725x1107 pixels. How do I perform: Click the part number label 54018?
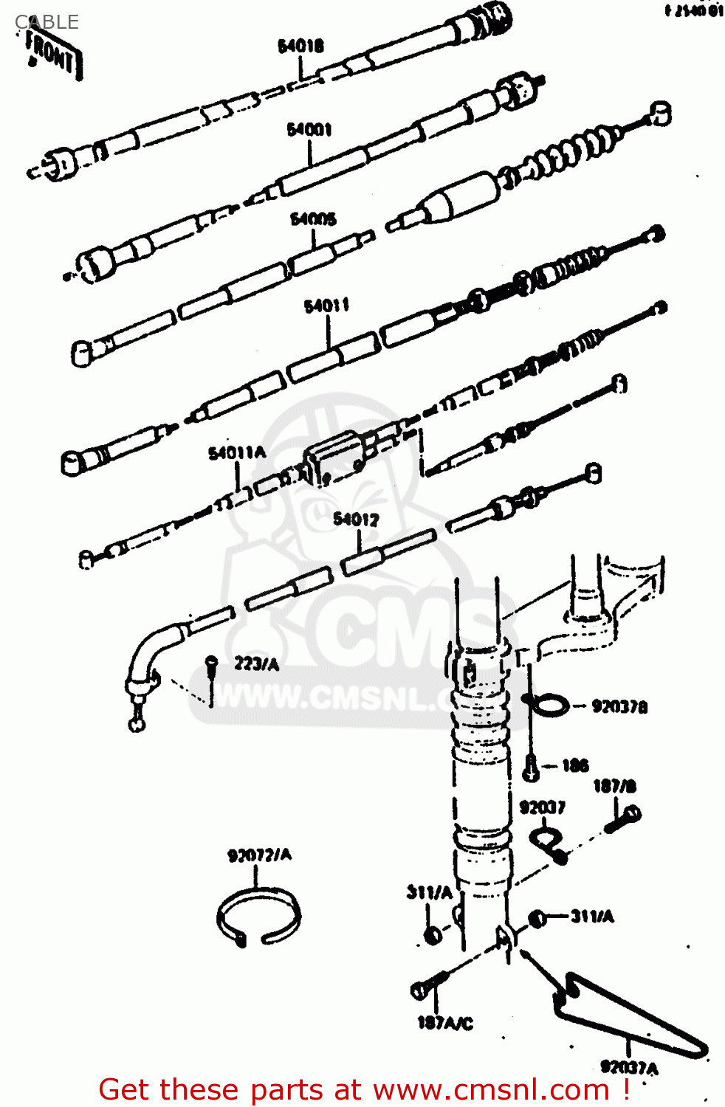pyautogui.click(x=300, y=46)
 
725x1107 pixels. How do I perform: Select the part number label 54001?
pyautogui.click(x=309, y=130)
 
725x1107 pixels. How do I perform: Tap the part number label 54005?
pyautogui.click(x=313, y=219)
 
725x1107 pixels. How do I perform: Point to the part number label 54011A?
pyautogui.click(x=236, y=453)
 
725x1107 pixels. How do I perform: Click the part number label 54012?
pyautogui.click(x=356, y=520)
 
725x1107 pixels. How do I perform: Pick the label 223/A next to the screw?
pyautogui.click(x=256, y=664)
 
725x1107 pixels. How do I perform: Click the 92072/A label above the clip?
pyautogui.click(x=259, y=855)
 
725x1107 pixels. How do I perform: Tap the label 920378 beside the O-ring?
pyautogui.click(x=619, y=707)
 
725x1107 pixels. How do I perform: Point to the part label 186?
pyautogui.click(x=575, y=765)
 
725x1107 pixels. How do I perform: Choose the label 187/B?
pyautogui.click(x=614, y=787)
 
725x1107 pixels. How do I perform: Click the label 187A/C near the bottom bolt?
pyautogui.click(x=444, y=1023)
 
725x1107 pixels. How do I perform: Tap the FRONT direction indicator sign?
pyautogui.click(x=52, y=52)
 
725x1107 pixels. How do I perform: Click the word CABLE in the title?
pyautogui.click(x=47, y=22)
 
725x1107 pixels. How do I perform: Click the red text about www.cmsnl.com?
pyautogui.click(x=364, y=1089)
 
